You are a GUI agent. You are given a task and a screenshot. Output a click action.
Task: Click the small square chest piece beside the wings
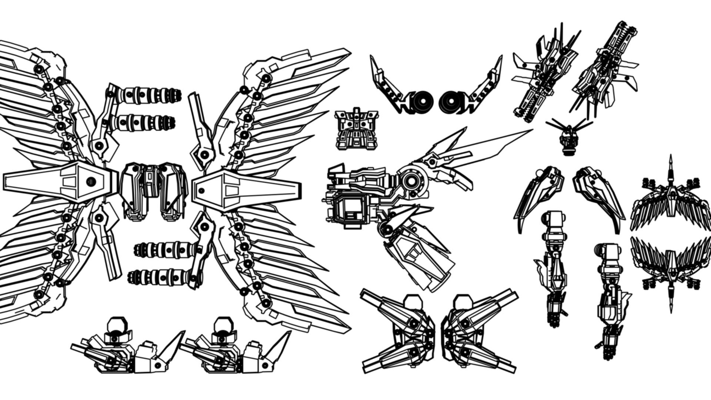click(356, 129)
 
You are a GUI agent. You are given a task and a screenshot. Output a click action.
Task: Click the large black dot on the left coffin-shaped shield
click(91, 181)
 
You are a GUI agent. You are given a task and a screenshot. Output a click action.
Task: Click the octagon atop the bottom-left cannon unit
click(117, 325)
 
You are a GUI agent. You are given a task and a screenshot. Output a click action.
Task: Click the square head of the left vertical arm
click(554, 221)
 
